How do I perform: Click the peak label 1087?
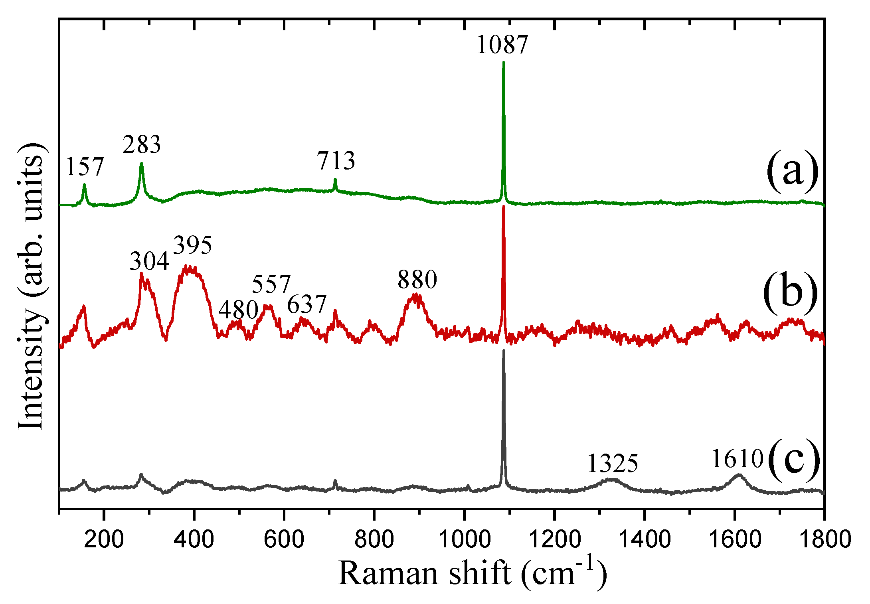click(x=502, y=44)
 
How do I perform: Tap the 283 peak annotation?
click(x=142, y=144)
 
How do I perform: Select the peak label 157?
click(x=85, y=166)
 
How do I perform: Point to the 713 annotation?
click(x=336, y=161)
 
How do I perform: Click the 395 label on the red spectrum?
click(x=193, y=245)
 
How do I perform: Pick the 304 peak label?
click(x=149, y=262)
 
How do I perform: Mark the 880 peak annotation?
click(x=417, y=279)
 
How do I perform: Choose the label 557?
click(x=271, y=284)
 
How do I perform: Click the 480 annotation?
click(x=238, y=310)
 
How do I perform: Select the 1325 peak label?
click(x=613, y=464)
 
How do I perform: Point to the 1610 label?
click(x=738, y=459)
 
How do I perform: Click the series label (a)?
click(x=792, y=173)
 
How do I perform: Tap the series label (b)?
click(x=790, y=294)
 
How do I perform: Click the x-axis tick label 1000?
click(x=464, y=539)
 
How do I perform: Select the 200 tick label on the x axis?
click(x=104, y=539)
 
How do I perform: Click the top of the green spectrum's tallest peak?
click(x=503, y=63)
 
